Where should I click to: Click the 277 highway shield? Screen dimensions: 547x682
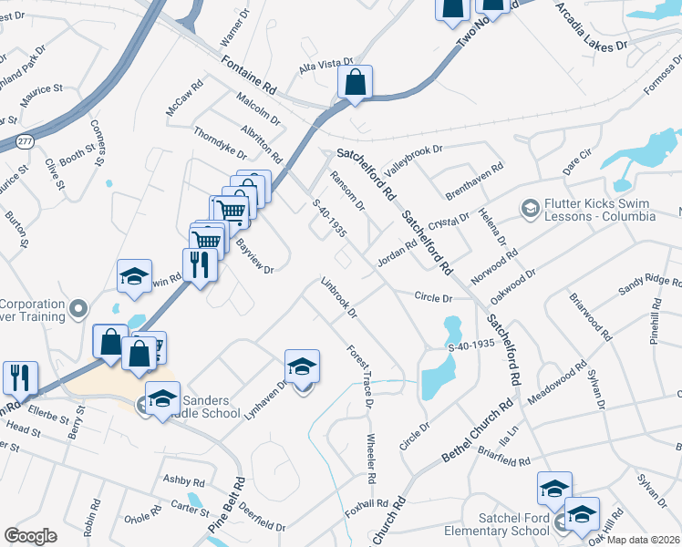26,140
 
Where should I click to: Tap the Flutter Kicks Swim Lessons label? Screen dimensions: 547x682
599,211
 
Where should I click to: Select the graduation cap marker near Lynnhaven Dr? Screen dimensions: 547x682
302,366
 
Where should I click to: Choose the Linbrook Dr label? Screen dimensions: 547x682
337,297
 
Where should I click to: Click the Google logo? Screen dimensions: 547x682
30,536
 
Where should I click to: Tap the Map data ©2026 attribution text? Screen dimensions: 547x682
644,540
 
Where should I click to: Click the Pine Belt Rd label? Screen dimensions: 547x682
227,504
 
